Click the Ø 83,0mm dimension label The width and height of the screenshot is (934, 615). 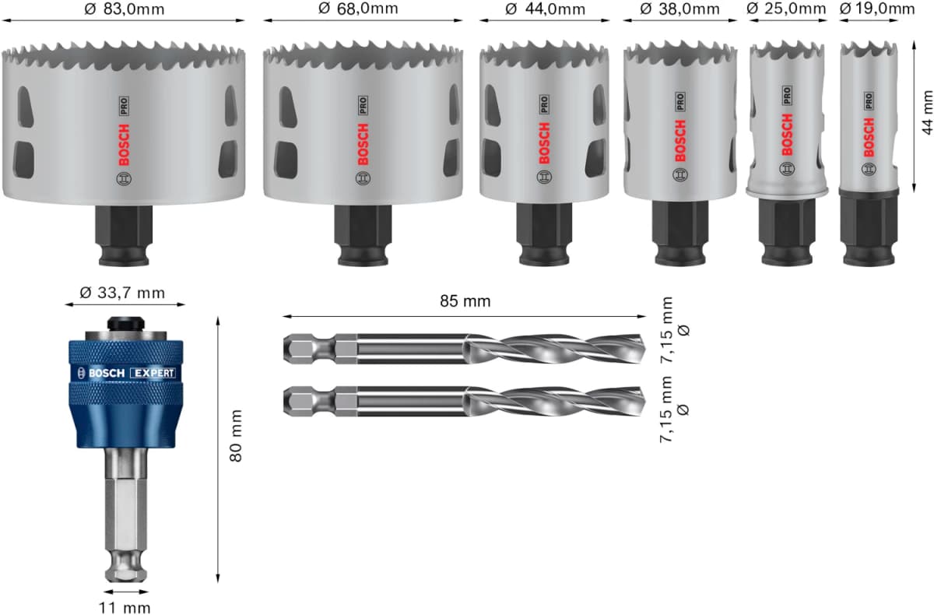click(x=125, y=9)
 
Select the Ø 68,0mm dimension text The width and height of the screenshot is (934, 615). click(x=358, y=9)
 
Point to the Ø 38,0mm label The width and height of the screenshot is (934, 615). click(x=679, y=9)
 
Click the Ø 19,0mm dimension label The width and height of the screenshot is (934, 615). click(x=876, y=9)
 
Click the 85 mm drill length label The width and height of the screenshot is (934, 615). click(x=464, y=300)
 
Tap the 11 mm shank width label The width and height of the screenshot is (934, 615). click(x=125, y=607)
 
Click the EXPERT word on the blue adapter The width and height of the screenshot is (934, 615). click(x=153, y=373)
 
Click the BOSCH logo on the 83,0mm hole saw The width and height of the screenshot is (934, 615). click(x=125, y=144)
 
